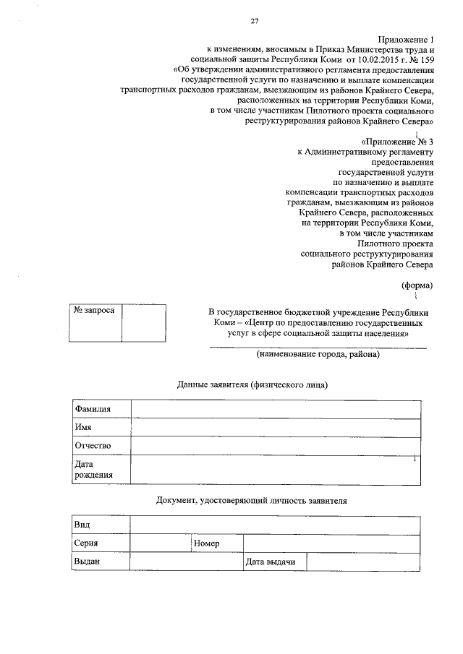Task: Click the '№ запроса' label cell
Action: coord(94,311)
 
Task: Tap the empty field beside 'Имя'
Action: coord(275,428)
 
